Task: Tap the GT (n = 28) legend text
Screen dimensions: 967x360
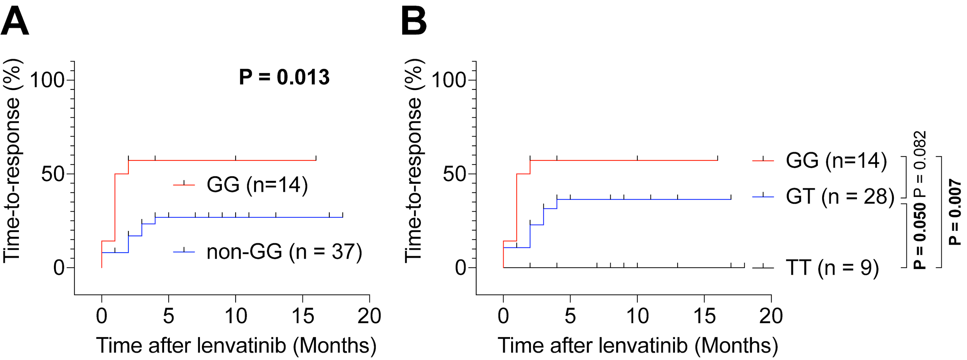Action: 840,196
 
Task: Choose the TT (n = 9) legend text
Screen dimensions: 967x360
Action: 832,268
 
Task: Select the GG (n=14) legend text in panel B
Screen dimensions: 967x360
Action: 836,160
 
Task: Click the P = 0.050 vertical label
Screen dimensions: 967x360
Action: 920,235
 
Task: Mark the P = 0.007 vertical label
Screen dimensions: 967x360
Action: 955,212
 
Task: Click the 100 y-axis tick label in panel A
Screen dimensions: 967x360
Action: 47,80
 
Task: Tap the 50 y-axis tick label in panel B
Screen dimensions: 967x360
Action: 454,174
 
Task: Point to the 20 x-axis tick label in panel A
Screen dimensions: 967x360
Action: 369,316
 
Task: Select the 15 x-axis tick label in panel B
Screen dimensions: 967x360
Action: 704,316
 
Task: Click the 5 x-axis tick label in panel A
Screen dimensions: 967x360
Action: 168,316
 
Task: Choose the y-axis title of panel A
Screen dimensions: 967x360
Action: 12,161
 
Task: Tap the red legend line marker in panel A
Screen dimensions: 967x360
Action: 184,184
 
